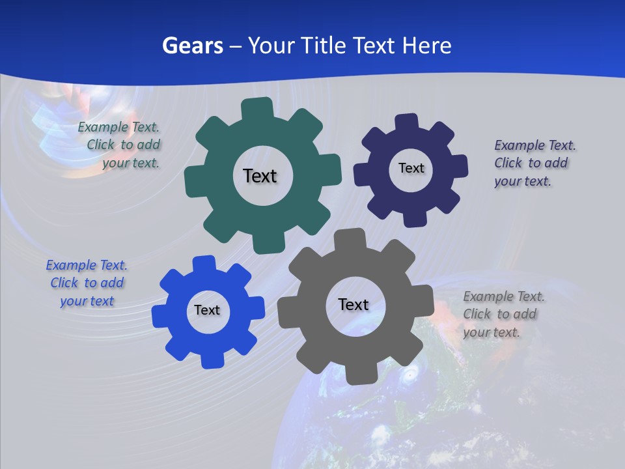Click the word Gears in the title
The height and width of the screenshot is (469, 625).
[193, 46]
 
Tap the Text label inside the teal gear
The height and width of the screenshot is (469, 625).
[260, 176]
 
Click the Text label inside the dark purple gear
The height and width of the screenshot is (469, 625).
[411, 168]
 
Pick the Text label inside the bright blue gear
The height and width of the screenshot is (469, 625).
[207, 310]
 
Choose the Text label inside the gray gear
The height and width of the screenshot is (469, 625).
[354, 304]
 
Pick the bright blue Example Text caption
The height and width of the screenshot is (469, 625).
[87, 283]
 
